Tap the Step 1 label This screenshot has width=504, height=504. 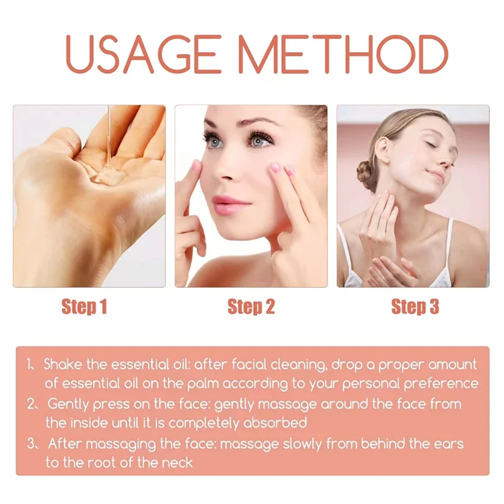(x=84, y=307)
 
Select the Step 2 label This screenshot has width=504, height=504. (x=251, y=307)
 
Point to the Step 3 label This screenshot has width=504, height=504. (x=415, y=307)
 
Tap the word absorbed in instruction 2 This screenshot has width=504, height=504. (x=275, y=423)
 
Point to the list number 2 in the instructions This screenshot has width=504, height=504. (x=31, y=404)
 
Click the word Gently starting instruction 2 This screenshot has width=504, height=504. (x=68, y=404)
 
